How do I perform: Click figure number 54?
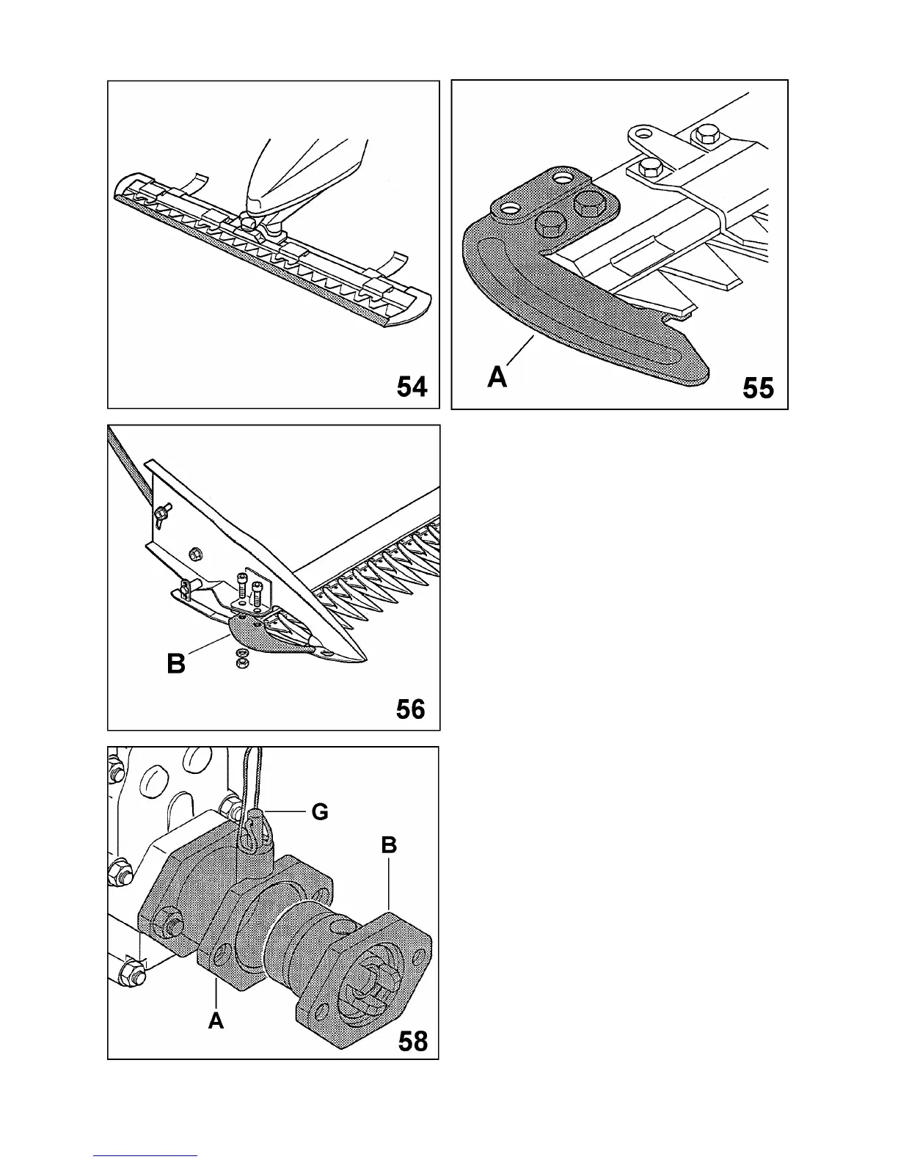(412, 386)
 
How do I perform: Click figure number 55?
(758, 387)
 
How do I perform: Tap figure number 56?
(410, 709)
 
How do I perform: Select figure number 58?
(412, 1041)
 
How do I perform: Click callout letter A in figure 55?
(497, 377)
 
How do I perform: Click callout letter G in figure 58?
(320, 812)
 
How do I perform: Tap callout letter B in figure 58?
(389, 845)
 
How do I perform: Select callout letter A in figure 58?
(216, 1020)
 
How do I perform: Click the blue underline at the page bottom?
(145, 1155)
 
